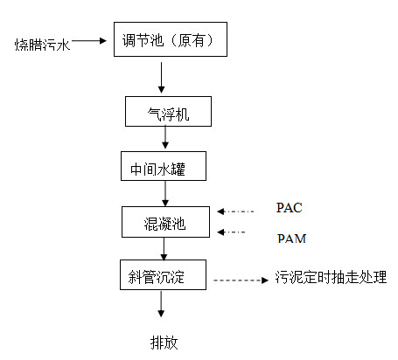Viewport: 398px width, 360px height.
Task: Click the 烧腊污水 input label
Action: pyautogui.click(x=43, y=45)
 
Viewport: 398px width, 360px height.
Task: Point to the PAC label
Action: pyautogui.click(x=289, y=208)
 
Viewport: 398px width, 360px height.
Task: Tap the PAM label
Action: pyautogui.click(x=291, y=239)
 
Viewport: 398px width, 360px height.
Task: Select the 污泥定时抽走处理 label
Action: pyautogui.click(x=331, y=277)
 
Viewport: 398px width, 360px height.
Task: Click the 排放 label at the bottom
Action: pyautogui.click(x=164, y=343)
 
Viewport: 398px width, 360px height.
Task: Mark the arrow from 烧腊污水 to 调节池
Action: pyautogui.click(x=89, y=41)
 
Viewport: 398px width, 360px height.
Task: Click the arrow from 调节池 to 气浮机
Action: pyautogui.click(x=161, y=78)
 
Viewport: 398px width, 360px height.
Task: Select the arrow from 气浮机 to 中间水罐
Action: pyautogui.click(x=165, y=137)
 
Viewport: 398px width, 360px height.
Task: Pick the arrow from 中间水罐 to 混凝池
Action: pyautogui.click(x=165, y=194)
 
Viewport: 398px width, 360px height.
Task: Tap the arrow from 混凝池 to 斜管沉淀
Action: pyautogui.click(x=164, y=249)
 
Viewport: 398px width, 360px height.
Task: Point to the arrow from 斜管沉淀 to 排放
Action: pyautogui.click(x=161, y=304)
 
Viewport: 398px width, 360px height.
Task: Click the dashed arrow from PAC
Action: pyautogui.click(x=235, y=211)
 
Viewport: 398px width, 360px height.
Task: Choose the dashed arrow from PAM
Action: pyautogui.click(x=231, y=232)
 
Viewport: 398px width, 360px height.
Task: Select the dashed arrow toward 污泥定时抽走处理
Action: pyautogui.click(x=241, y=280)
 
